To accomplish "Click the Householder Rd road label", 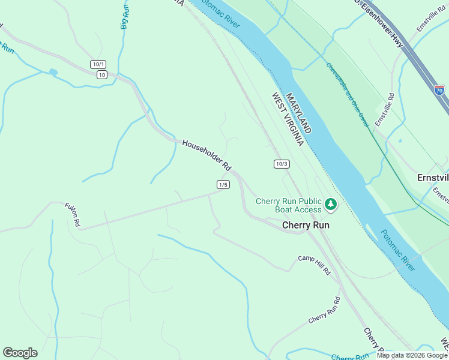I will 206,154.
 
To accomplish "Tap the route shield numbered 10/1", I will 98,64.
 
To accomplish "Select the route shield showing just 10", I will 101,74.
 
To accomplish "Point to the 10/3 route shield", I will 282,164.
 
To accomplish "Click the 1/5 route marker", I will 223,184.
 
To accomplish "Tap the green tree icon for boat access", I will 330,205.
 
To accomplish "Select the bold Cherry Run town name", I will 306,226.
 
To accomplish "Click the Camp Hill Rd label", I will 315,265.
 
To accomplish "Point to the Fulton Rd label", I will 73,215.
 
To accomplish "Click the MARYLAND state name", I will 298,113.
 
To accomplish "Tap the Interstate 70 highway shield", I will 439,90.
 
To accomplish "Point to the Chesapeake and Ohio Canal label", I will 348,94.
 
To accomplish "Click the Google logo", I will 20,353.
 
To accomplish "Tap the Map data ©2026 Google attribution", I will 412,355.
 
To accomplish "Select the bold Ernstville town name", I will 433,178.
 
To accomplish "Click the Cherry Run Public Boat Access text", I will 289,205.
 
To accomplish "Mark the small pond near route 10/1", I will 53,72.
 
